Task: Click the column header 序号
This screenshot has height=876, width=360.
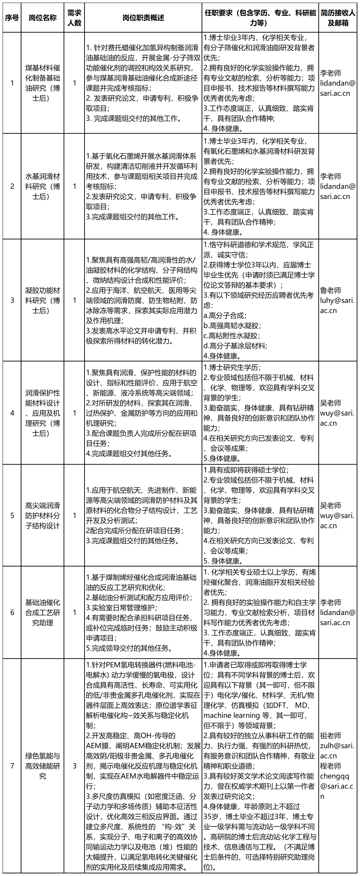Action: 12,18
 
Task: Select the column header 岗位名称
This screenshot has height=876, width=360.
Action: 43,18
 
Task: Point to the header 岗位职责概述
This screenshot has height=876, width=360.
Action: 143,18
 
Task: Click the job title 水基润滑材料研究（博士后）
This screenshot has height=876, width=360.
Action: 43,186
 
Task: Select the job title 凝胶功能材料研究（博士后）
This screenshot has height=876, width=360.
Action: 43,300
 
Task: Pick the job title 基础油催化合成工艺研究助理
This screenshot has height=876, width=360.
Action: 43,613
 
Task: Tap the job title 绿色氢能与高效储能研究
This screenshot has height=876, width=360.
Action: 43,766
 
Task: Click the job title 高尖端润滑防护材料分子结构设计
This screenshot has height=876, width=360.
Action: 43,516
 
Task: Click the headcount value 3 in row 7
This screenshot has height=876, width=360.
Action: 74,766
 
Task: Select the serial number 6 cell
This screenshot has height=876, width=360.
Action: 12,613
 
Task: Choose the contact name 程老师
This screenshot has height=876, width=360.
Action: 330,766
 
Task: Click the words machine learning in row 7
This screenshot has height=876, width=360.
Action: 237,715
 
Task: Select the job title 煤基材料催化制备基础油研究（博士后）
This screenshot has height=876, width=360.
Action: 43,83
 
